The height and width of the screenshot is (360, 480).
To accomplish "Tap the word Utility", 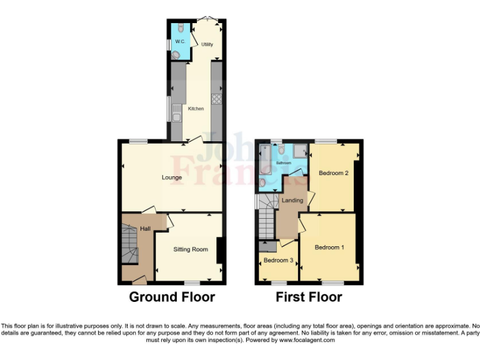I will click(x=207, y=44).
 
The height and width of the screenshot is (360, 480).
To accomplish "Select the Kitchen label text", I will click(x=196, y=109).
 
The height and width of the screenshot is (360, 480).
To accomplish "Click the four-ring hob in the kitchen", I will click(x=217, y=98).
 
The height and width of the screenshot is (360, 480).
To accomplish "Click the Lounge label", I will click(x=172, y=177).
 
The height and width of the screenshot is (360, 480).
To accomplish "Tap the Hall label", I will click(x=145, y=229).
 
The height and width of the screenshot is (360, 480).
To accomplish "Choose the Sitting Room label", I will click(x=191, y=249).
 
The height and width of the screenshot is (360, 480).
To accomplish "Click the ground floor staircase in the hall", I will click(x=129, y=247).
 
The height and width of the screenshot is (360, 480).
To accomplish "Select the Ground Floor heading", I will click(x=172, y=297).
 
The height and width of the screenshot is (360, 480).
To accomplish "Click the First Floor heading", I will click(x=309, y=297).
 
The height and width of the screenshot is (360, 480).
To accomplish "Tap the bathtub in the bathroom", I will click(x=265, y=159).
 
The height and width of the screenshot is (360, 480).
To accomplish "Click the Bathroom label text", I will click(x=284, y=162).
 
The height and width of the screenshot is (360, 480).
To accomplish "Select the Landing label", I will click(x=292, y=201).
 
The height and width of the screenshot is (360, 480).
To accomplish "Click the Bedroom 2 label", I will click(x=334, y=173).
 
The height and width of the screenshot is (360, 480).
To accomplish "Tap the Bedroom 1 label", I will click(x=329, y=247).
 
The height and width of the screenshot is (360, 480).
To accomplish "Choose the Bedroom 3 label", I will click(x=278, y=260).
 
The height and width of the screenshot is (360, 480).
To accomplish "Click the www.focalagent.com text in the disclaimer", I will click(x=306, y=341).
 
